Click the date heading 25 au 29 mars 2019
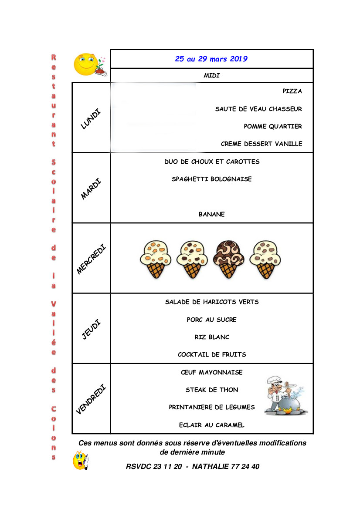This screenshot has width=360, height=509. pos(211,59)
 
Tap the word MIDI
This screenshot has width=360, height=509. pos(212,76)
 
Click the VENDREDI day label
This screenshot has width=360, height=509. pos(91,399)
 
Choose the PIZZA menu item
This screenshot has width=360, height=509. pos(292,91)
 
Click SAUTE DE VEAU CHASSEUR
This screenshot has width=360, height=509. pos(258,109)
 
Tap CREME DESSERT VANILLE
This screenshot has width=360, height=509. pos(262,144)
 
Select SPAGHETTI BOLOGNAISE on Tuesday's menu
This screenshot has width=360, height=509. pos(212,179)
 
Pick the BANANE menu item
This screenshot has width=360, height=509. pos(212,214)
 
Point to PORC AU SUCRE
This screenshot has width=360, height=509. pos(212,320)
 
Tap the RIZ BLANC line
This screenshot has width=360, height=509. pos(212,337)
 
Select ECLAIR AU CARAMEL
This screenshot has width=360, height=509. pos(212,425)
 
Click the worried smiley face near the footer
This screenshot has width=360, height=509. pos(81,461)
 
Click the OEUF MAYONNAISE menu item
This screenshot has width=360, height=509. pos(212,372)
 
